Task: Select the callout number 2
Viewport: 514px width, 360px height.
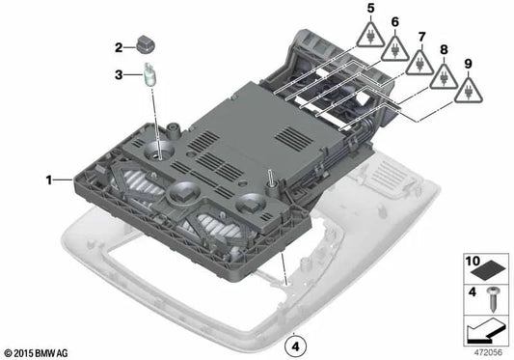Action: tap(119, 47)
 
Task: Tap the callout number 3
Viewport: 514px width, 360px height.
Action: tap(119, 74)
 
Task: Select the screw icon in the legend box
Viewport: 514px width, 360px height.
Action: tap(493, 298)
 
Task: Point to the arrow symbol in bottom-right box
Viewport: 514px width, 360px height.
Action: tap(486, 332)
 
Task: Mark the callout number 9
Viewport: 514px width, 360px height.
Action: tap(470, 65)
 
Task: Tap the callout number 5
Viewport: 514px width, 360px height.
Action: tap(369, 10)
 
